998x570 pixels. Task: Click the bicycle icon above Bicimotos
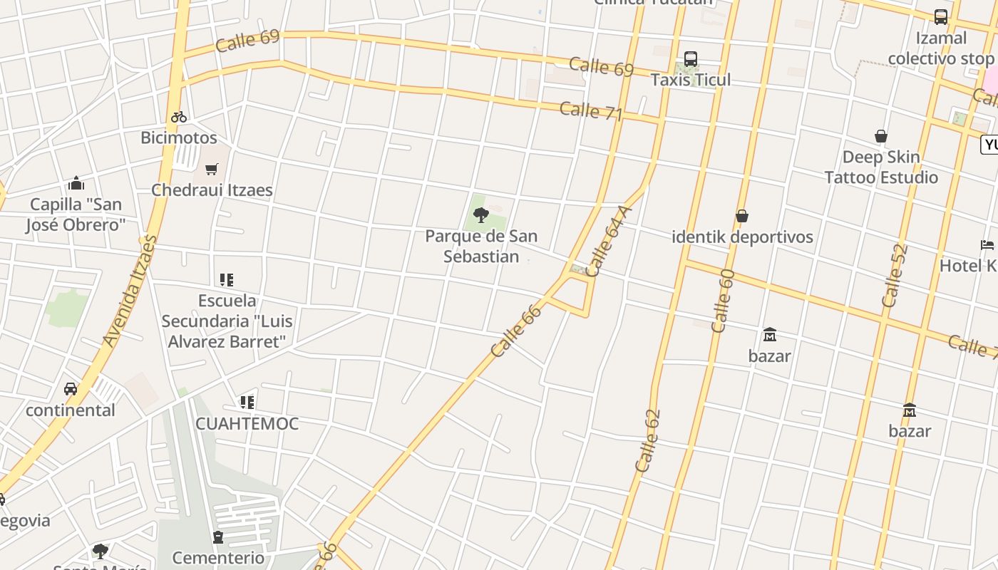[x=178, y=117]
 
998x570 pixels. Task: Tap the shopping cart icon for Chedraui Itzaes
[x=211, y=170]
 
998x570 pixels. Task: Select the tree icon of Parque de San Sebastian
[x=481, y=214]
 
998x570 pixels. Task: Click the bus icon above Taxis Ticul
[x=690, y=59]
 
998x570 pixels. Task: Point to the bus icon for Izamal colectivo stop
[x=940, y=17]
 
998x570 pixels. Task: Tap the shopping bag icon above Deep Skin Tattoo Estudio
[x=881, y=136]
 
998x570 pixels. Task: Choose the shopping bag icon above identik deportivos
[x=742, y=216]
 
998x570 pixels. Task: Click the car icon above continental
[x=70, y=389]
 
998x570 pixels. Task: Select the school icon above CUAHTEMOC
[x=247, y=403]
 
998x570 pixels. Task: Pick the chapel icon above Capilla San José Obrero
[x=76, y=184]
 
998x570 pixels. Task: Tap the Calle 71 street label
[x=591, y=111]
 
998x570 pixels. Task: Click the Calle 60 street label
[x=723, y=301]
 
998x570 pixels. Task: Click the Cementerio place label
[x=218, y=557]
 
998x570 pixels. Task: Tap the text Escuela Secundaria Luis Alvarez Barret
[x=227, y=321]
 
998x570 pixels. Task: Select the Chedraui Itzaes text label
[x=212, y=190]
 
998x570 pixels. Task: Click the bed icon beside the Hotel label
[x=987, y=245]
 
